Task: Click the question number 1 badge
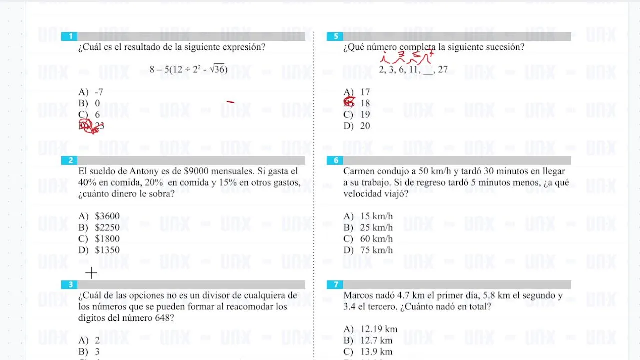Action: pyautogui.click(x=70, y=36)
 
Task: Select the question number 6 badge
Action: pyautogui.click(x=336, y=160)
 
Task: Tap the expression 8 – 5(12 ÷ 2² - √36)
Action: pyautogui.click(x=188, y=69)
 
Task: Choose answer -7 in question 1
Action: pyautogui.click(x=98, y=92)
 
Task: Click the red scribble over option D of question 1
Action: pyautogui.click(x=89, y=126)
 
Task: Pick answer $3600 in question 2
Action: pyautogui.click(x=107, y=216)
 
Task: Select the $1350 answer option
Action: pyautogui.click(x=107, y=250)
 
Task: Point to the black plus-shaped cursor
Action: pyautogui.click(x=91, y=273)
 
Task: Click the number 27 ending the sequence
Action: pyautogui.click(x=442, y=70)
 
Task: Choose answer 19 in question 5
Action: pyautogui.click(x=365, y=115)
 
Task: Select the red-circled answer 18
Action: pyautogui.click(x=365, y=103)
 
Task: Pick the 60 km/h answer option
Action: pyautogui.click(x=376, y=239)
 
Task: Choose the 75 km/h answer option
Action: pyautogui.click(x=376, y=250)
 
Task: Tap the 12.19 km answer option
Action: pyautogui.click(x=379, y=329)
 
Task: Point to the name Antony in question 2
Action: pyautogui.click(x=144, y=171)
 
